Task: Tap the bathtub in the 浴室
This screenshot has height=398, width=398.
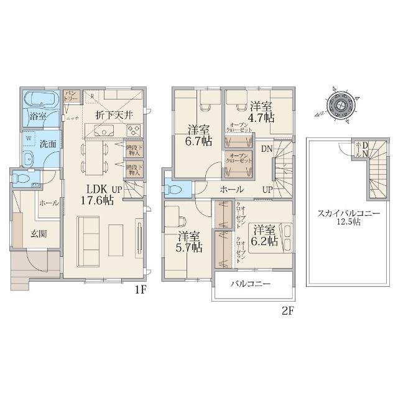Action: point(40,100)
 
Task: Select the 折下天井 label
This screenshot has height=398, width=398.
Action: point(112,114)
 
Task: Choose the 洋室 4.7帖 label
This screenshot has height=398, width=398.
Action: point(261,111)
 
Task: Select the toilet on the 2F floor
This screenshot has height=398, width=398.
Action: point(174,188)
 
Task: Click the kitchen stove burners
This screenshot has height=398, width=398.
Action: point(133,130)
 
